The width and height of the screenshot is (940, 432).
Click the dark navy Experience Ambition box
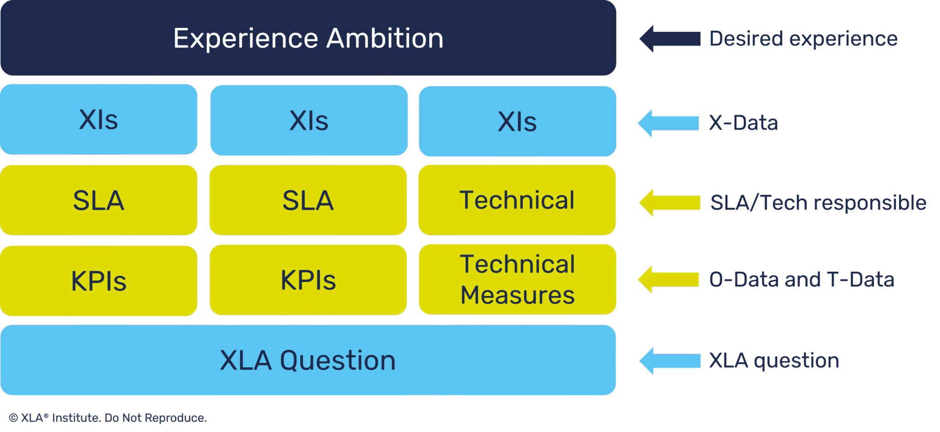[x=308, y=38]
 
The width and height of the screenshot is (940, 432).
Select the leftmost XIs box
[x=98, y=120]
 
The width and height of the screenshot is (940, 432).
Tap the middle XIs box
[x=308, y=121]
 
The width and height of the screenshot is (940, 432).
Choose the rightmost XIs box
[x=517, y=122]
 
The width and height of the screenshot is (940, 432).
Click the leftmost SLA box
[x=98, y=201]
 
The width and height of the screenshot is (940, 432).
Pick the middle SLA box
[x=308, y=201]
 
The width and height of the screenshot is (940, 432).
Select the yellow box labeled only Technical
[x=517, y=200]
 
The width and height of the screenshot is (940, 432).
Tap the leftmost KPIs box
[x=98, y=281]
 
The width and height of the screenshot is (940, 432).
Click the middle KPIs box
[x=308, y=280]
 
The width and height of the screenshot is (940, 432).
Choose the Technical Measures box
[x=517, y=279]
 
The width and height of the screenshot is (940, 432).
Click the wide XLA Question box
[x=308, y=360]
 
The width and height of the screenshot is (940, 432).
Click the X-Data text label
[x=743, y=123]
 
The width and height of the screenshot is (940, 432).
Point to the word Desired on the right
[x=746, y=39]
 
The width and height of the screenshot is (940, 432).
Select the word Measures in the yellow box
[x=517, y=295]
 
